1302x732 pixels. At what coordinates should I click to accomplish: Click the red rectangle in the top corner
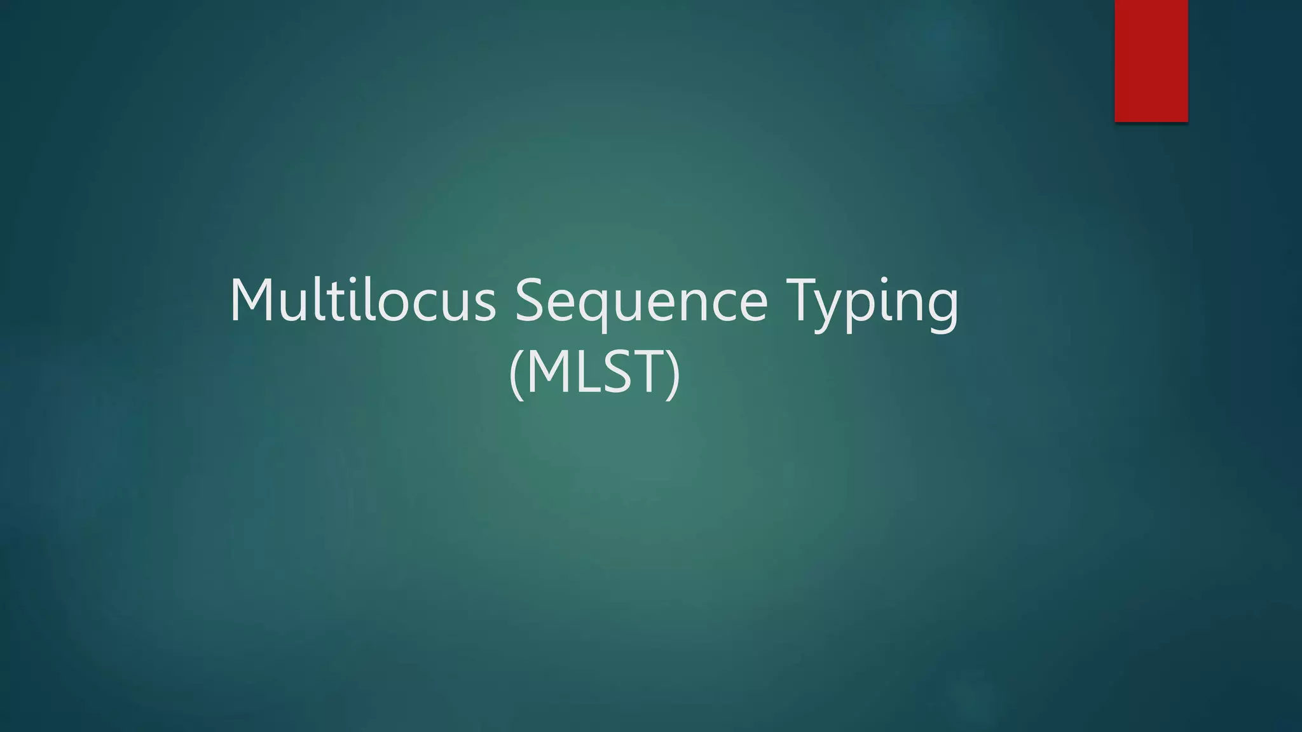(1151, 60)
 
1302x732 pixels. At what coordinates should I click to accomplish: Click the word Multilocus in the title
(362, 300)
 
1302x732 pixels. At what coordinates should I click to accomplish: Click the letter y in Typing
(835, 309)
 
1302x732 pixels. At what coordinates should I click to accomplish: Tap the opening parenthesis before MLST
(516, 375)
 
